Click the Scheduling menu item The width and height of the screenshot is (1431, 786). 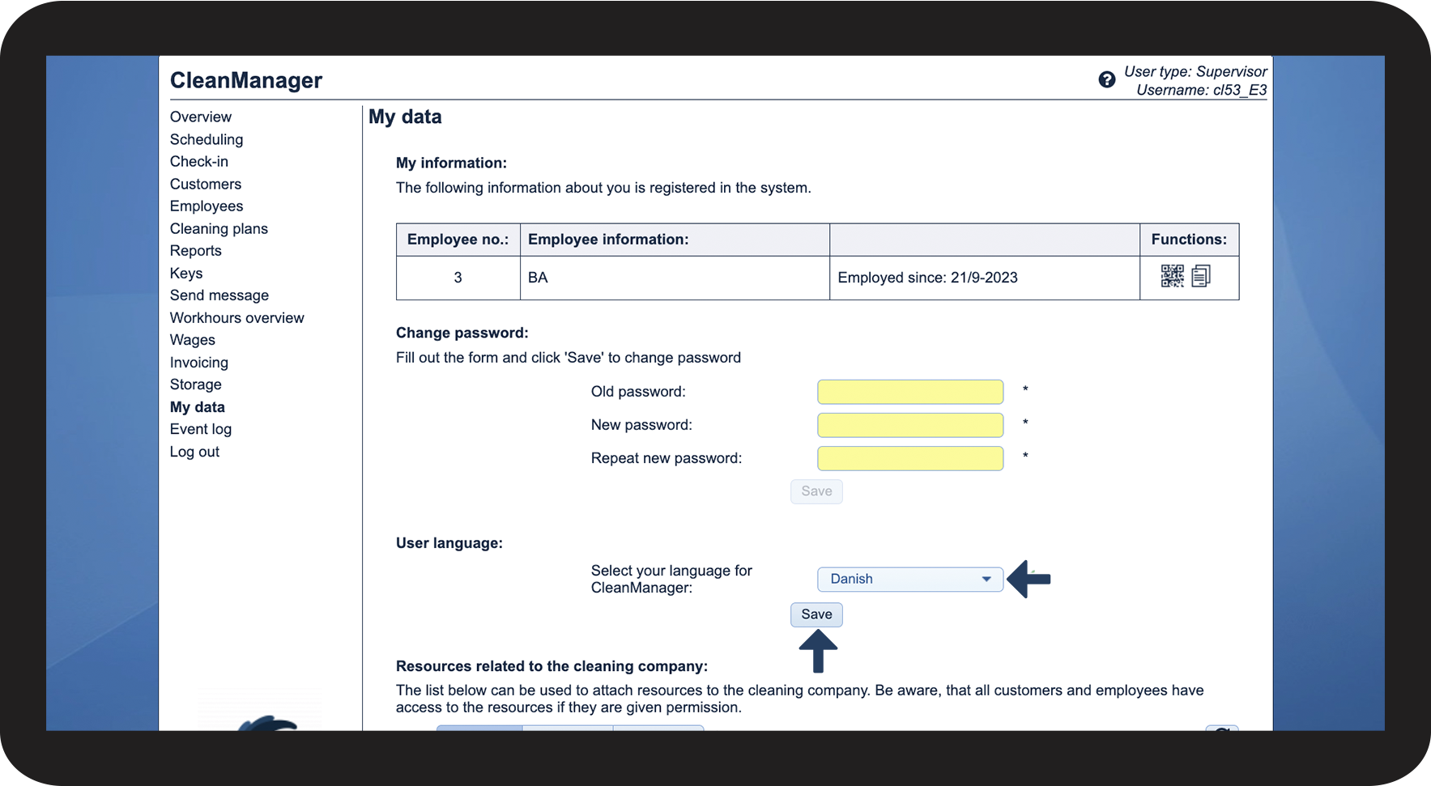[x=207, y=139]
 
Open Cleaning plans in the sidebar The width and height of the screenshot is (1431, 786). [x=219, y=228]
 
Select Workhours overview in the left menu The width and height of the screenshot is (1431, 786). [x=236, y=317]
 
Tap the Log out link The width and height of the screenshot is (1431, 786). [x=194, y=452]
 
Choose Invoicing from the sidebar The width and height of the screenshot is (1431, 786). [x=198, y=363]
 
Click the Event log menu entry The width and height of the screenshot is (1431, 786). [x=200, y=429]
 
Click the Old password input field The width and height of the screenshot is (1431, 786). [x=909, y=392]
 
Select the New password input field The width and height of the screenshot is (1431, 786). [x=909, y=425]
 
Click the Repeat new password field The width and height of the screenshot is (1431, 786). [x=909, y=458]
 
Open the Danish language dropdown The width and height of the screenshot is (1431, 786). [x=909, y=579]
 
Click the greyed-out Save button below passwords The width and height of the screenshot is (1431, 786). [x=816, y=491]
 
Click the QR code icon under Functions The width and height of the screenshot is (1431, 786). [x=1172, y=276]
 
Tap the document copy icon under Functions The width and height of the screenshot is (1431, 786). [x=1201, y=276]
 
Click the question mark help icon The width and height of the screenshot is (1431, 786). [x=1106, y=79]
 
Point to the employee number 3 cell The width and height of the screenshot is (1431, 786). [x=458, y=278]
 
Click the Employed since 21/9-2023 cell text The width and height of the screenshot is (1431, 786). [x=927, y=278]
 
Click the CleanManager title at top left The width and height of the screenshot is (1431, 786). [x=246, y=80]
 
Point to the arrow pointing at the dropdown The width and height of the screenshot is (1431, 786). [x=1029, y=579]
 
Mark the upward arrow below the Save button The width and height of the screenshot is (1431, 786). [x=818, y=651]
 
